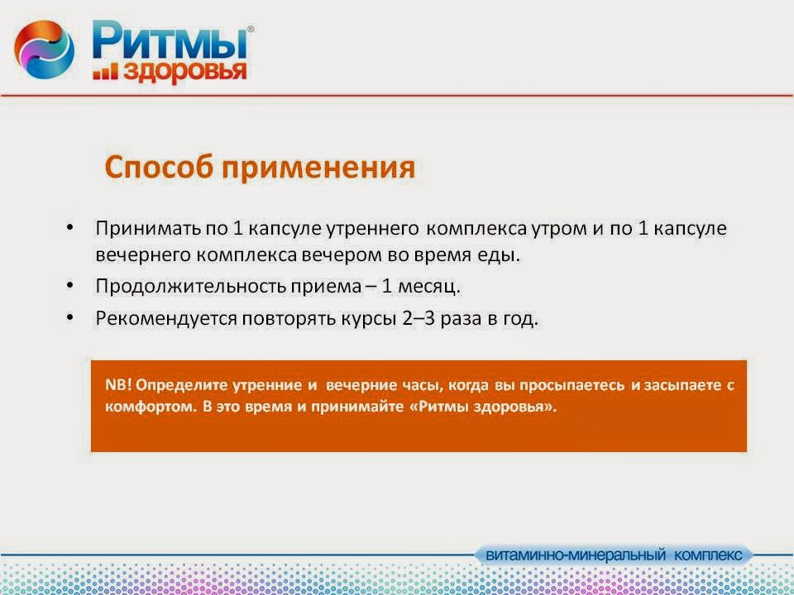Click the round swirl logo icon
point(44,49)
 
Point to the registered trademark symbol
point(250,30)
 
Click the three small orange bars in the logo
point(105,72)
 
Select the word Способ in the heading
point(159,168)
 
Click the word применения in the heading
point(318,169)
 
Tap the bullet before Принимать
point(69,226)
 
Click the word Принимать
point(147,229)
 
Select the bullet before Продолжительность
point(69,285)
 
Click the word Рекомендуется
point(166,320)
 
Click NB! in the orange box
point(118,385)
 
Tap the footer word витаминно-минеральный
point(576,555)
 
